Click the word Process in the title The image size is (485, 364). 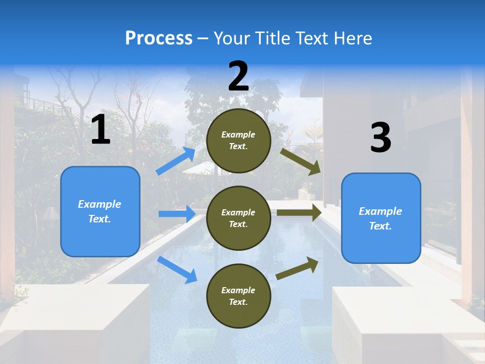tap(159, 38)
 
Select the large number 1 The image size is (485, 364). tap(101, 130)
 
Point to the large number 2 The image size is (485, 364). tap(238, 76)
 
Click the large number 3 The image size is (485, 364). tap(380, 138)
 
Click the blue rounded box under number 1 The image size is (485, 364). tap(100, 211)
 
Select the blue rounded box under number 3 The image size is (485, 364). tap(381, 218)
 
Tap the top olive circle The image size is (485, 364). tap(238, 141)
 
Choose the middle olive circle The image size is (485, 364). tap(238, 218)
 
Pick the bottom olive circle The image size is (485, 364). tap(238, 296)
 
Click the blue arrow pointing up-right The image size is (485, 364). tap(176, 161)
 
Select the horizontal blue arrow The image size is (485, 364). tap(177, 214)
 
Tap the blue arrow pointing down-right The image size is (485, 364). tap(177, 269)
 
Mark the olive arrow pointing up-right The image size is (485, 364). tap(297, 268)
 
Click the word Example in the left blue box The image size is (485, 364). tap(100, 204)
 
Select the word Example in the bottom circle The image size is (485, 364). tap(238, 290)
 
